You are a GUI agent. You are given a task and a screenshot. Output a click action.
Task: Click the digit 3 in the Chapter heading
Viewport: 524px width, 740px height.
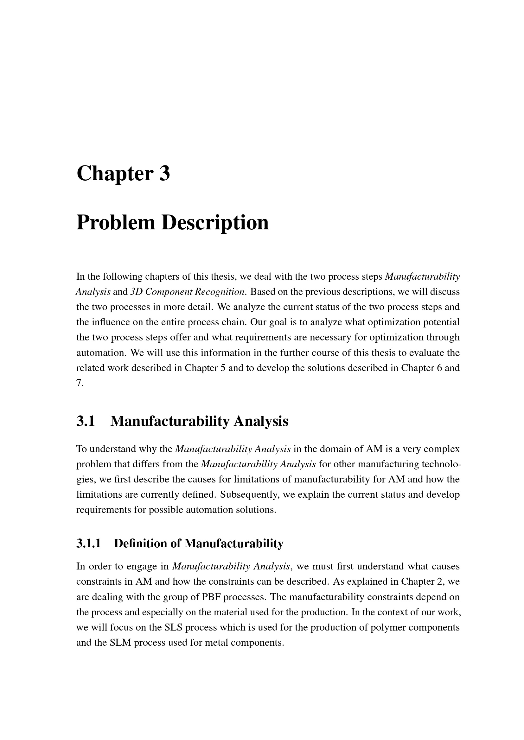click(164, 174)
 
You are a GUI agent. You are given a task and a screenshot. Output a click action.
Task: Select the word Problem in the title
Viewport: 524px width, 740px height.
click(116, 223)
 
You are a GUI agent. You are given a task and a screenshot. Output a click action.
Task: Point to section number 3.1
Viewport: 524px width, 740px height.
click(86, 421)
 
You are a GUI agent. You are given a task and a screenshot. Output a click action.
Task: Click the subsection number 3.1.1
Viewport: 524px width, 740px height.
click(89, 543)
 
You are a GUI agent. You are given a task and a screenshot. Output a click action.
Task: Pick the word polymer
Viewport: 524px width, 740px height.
click(391, 627)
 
